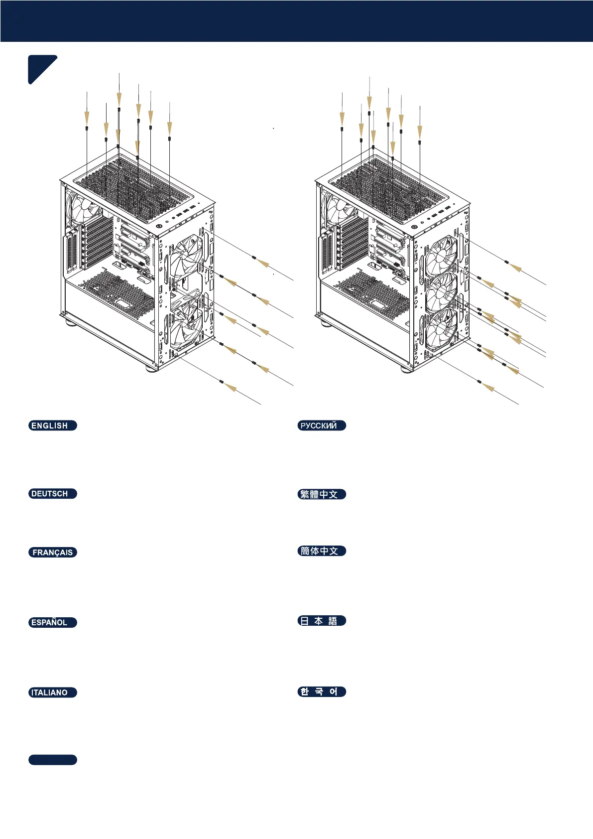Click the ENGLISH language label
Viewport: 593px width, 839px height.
52,425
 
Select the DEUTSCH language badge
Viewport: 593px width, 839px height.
52,494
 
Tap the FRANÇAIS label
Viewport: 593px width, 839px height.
52,552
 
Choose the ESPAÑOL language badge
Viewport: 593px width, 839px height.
52,622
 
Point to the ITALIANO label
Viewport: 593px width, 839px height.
52,693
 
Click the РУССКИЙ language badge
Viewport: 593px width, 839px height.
322,425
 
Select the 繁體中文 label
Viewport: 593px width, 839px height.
322,494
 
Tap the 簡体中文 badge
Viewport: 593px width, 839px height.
322,551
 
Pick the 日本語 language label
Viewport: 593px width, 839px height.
322,621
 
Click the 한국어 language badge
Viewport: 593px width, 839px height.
322,692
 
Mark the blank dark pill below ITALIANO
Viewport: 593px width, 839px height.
52,760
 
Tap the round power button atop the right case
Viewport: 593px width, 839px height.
415,227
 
